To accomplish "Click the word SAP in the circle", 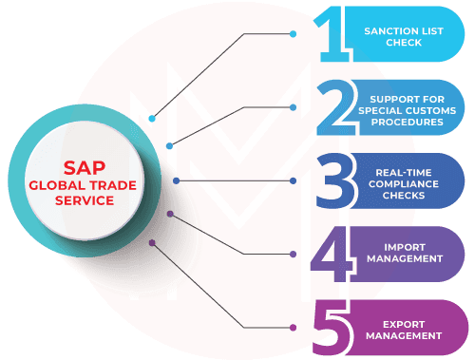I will (85, 161).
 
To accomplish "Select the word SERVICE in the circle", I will (85, 200).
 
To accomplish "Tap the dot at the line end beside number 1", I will (294, 33).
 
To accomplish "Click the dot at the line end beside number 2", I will (294, 107).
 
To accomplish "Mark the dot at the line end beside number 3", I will (294, 180).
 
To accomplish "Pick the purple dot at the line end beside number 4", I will (294, 254).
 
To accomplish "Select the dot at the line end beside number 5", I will (294, 327).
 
